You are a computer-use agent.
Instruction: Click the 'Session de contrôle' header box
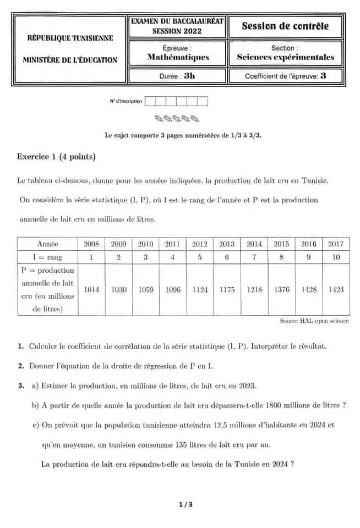pyautogui.click(x=285, y=26)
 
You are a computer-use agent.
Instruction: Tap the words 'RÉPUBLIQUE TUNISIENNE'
pyautogui.click(x=70, y=38)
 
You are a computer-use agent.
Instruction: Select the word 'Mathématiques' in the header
pyautogui.click(x=178, y=57)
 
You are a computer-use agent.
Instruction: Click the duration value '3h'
pyautogui.click(x=189, y=76)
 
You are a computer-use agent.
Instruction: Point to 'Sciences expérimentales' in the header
pyautogui.click(x=285, y=57)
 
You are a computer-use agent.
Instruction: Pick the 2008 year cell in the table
pyautogui.click(x=91, y=244)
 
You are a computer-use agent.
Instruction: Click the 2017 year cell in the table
pyautogui.click(x=336, y=244)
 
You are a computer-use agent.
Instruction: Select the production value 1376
pyautogui.click(x=282, y=289)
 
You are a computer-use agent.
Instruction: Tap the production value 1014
pyautogui.click(x=91, y=289)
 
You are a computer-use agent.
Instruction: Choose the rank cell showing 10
pyautogui.click(x=336, y=257)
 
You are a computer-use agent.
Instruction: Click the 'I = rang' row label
pyautogui.click(x=47, y=257)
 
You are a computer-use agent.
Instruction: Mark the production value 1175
pyautogui.click(x=227, y=289)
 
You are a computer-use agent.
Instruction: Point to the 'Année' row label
pyautogui.click(x=47, y=244)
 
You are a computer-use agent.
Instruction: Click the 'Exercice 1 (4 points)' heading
pyautogui.click(x=56, y=157)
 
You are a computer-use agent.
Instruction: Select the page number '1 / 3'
pyautogui.click(x=186, y=504)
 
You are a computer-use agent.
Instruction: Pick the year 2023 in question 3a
pyautogui.click(x=247, y=386)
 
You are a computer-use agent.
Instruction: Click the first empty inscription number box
pyautogui.click(x=150, y=101)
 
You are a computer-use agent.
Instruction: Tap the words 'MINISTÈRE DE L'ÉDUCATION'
pyautogui.click(x=70, y=60)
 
